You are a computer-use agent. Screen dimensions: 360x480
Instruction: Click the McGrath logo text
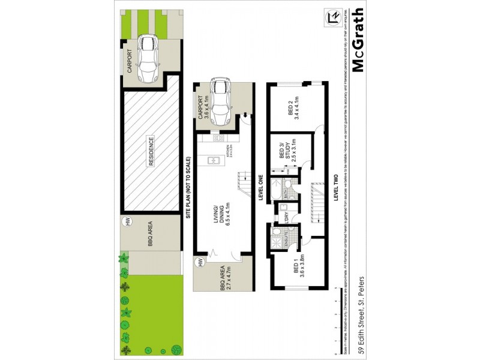[x=358, y=40]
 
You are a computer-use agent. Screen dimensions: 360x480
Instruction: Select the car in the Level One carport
[x=221, y=102]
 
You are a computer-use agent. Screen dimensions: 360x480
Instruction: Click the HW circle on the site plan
[x=127, y=221]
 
